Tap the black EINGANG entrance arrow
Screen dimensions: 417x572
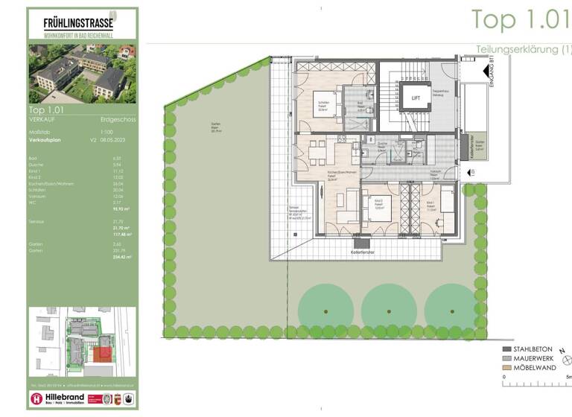point(485,73)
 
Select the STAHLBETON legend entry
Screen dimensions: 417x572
point(533,348)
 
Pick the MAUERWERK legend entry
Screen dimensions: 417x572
point(533,358)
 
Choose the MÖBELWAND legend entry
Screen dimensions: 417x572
point(533,368)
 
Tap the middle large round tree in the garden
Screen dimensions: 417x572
point(388,305)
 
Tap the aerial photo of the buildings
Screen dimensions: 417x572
point(83,72)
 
